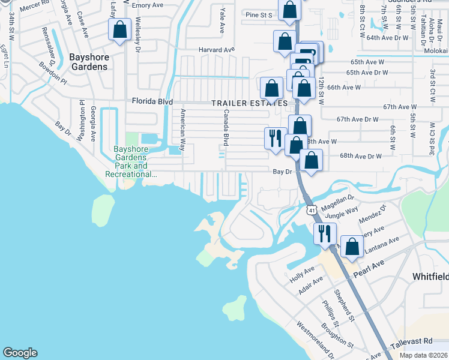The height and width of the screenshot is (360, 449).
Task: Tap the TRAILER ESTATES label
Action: (x=249, y=103)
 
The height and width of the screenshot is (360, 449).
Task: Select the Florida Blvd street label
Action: (x=152, y=102)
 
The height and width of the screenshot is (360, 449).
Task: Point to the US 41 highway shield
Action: (x=310, y=210)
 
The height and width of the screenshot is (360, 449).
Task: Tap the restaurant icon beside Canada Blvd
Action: (x=275, y=137)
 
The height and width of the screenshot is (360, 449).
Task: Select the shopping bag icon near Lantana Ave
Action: (x=352, y=246)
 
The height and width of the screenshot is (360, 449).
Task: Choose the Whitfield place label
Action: (x=430, y=276)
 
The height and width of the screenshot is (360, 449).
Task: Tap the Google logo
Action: (x=20, y=352)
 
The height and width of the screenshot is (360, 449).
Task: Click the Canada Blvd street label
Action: (x=226, y=127)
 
